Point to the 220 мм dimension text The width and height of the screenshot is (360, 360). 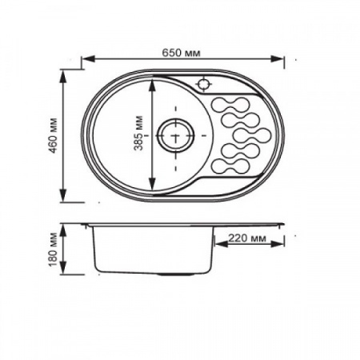(x=246, y=238)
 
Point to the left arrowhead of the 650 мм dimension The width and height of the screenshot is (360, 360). (x=87, y=58)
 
